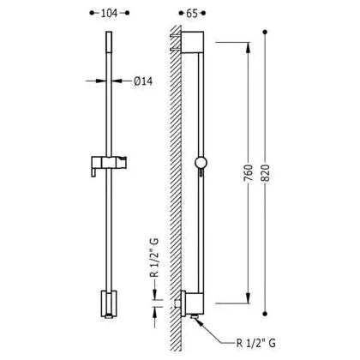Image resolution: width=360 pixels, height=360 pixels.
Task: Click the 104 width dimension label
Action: click(x=109, y=13)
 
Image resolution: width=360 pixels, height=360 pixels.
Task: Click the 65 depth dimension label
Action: click(x=192, y=13)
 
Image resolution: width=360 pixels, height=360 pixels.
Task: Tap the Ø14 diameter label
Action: click(x=143, y=81)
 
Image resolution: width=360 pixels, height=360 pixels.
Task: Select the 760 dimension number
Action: click(x=249, y=172)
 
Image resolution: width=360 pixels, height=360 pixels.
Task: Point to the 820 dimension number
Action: click(x=266, y=172)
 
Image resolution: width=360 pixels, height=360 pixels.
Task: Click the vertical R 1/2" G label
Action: click(x=154, y=258)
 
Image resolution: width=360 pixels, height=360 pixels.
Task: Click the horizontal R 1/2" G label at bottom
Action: click(x=256, y=343)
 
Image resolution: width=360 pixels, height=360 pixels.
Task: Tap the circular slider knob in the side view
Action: click(x=201, y=163)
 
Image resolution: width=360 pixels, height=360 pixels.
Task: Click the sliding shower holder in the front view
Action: click(x=109, y=165)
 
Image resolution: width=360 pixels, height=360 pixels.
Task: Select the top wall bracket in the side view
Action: click(x=193, y=42)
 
